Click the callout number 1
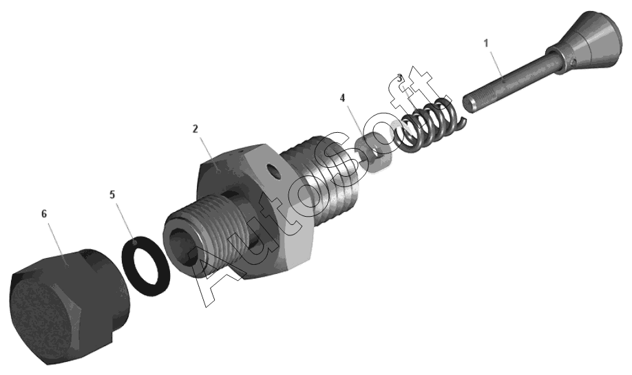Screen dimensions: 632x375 pyautogui.click(x=486, y=43)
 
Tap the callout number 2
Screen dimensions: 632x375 pyautogui.click(x=196, y=129)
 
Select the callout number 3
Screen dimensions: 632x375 pyautogui.click(x=400, y=78)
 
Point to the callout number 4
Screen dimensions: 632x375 pyautogui.click(x=343, y=98)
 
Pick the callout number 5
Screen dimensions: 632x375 pyautogui.click(x=112, y=195)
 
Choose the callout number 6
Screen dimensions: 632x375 pyautogui.click(x=44, y=213)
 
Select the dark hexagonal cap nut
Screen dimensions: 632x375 pyautogui.click(x=69, y=307)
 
